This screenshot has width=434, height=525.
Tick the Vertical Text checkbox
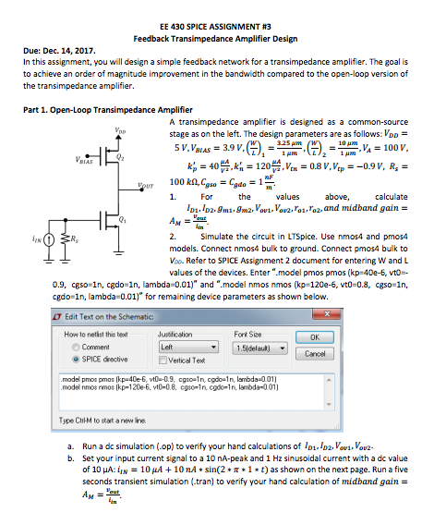point(164,359)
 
